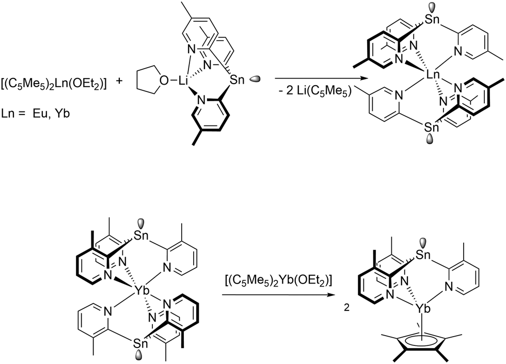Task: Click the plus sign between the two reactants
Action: (122, 81)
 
